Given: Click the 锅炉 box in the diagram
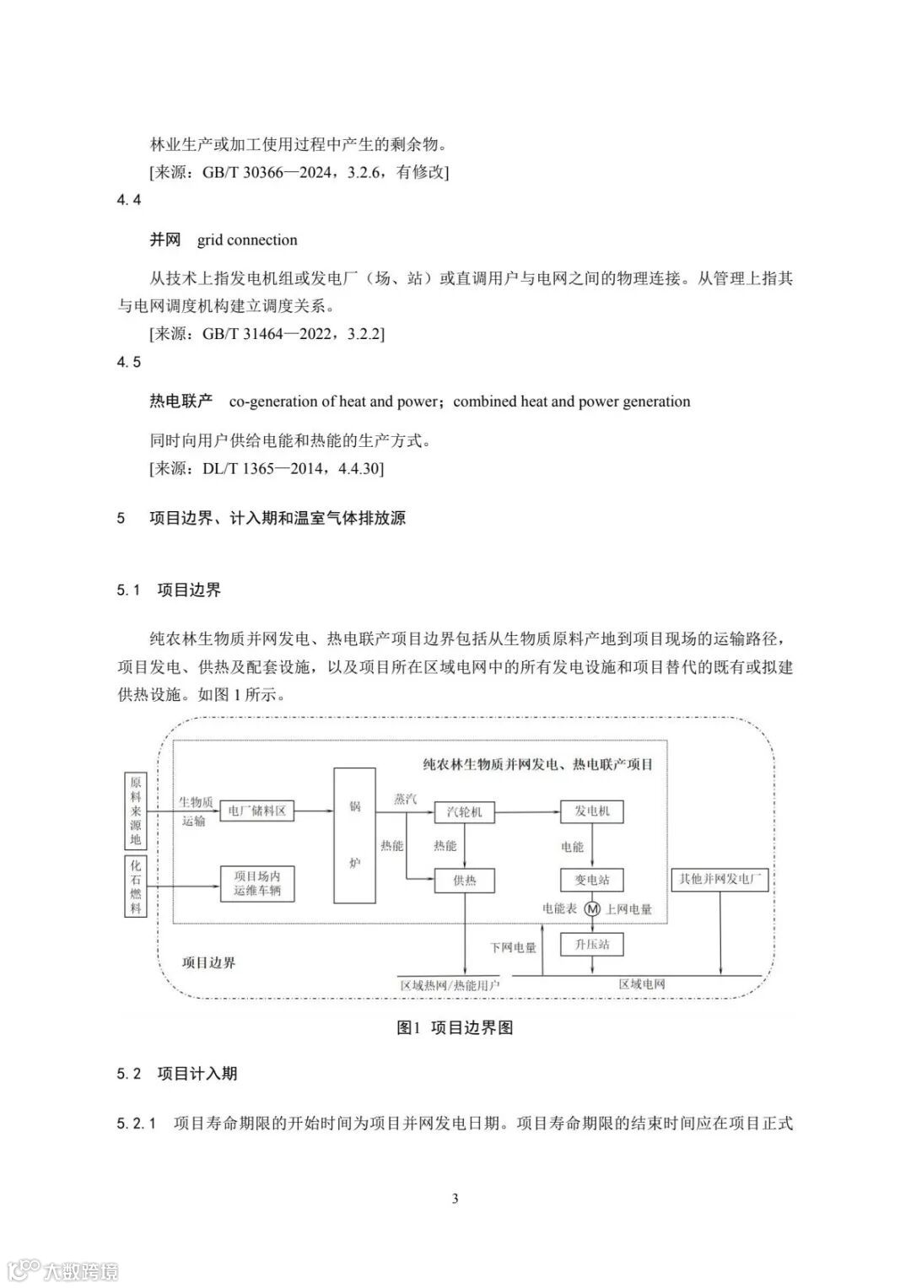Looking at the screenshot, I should (x=355, y=835).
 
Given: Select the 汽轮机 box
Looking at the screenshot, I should (x=464, y=812).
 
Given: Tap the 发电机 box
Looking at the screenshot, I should (x=591, y=811).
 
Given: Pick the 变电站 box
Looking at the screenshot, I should (x=591, y=880).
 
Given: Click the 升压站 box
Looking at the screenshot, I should (x=591, y=944).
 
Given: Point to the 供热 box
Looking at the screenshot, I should (x=464, y=881).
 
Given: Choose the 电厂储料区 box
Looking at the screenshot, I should (x=257, y=811).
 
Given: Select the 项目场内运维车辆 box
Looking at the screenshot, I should (x=257, y=883).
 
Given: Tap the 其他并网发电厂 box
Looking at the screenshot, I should (x=720, y=880).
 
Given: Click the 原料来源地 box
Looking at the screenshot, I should (x=136, y=811).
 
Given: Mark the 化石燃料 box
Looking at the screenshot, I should (x=136, y=887).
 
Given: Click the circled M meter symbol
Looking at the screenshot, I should (x=591, y=909).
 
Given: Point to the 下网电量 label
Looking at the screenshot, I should (x=513, y=947).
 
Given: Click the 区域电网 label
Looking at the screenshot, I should (x=642, y=984).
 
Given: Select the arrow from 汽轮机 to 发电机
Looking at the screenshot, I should (x=527, y=812).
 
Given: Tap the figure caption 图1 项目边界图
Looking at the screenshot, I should (x=455, y=1027).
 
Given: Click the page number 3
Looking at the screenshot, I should (x=455, y=1199).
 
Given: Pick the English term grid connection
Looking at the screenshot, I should (x=247, y=240).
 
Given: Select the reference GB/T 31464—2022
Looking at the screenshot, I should (x=269, y=333).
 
